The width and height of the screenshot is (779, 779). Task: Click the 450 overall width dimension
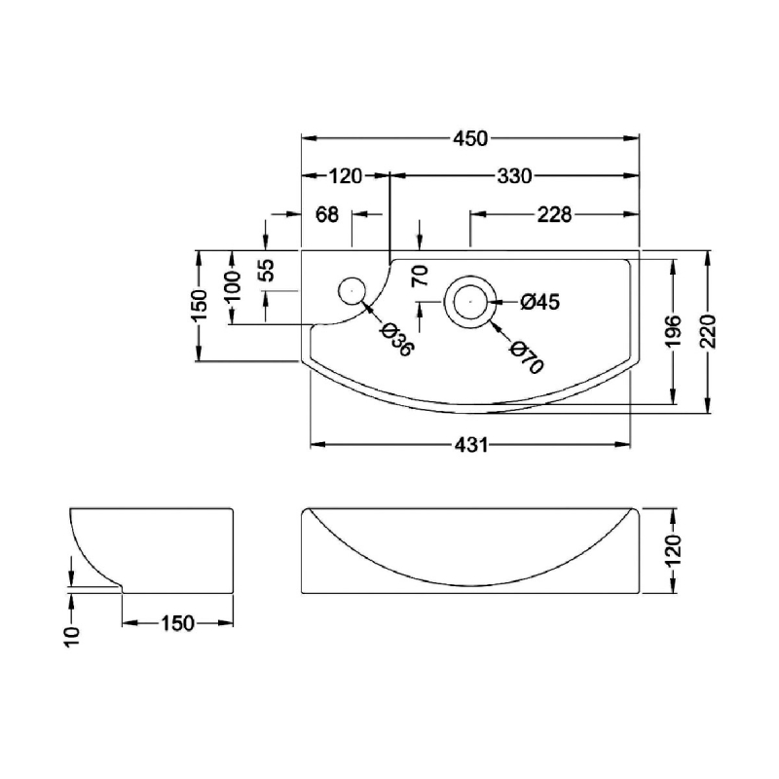pos(470,138)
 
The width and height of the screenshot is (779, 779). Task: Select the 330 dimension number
pos(515,176)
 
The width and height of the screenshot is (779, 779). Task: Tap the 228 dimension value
pos(554,215)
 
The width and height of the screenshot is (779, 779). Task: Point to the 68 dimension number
pos(327,214)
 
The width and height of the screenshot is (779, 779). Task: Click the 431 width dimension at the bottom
pos(471,445)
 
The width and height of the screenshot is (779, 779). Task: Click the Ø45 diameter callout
pos(540,302)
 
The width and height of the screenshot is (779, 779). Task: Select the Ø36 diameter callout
pos(396,339)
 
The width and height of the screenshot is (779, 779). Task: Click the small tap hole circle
pos(352,291)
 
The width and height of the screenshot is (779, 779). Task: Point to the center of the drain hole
pos(470,302)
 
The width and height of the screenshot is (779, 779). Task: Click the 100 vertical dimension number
pos(232,286)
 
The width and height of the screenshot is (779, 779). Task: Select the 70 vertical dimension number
pos(421,276)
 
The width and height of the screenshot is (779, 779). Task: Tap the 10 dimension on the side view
pos(72,637)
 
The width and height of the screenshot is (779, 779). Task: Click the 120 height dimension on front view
pos(674,551)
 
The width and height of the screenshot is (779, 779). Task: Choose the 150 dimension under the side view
pos(177,623)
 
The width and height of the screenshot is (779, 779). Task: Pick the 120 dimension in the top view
pos(346,176)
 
